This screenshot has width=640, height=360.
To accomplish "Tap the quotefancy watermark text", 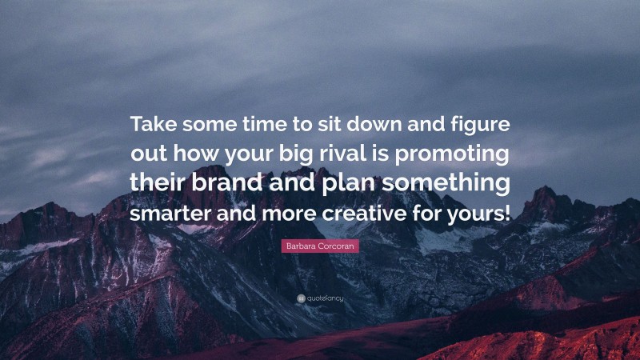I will point(325,299).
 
